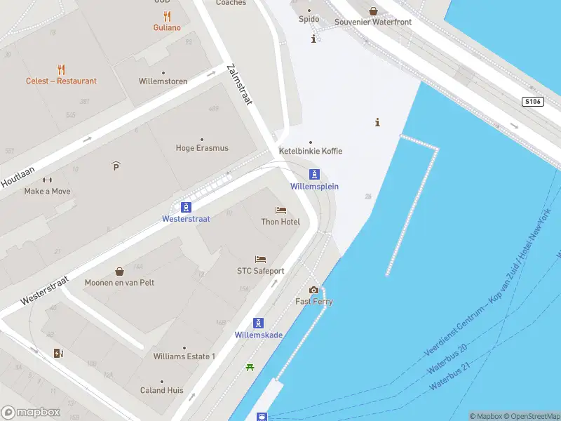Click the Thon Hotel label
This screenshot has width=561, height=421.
click(x=280, y=222)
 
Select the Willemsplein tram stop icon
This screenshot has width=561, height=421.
click(x=315, y=175)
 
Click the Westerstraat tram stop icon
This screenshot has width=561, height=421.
click(x=186, y=207)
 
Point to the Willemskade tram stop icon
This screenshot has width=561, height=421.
click(x=259, y=323)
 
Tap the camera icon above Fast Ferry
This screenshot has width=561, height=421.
click(x=313, y=290)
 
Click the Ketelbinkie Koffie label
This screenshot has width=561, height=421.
click(x=311, y=151)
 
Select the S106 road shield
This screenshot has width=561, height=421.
click(x=533, y=102)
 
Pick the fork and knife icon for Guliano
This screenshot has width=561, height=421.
click(x=167, y=16)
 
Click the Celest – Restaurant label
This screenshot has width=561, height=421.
click(x=62, y=81)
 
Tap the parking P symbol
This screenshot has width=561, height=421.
click(x=116, y=166)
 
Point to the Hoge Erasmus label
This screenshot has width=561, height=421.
click(x=202, y=148)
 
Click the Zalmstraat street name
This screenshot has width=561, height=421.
click(x=239, y=85)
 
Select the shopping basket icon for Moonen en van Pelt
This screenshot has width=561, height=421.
click(x=119, y=271)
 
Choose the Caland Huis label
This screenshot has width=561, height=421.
click(x=162, y=390)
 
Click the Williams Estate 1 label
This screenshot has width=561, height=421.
click(x=184, y=356)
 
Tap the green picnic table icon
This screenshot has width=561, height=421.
click(x=250, y=367)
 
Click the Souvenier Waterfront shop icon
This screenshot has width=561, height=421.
click(x=373, y=11)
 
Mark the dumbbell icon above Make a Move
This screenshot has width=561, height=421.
click(x=47, y=180)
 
